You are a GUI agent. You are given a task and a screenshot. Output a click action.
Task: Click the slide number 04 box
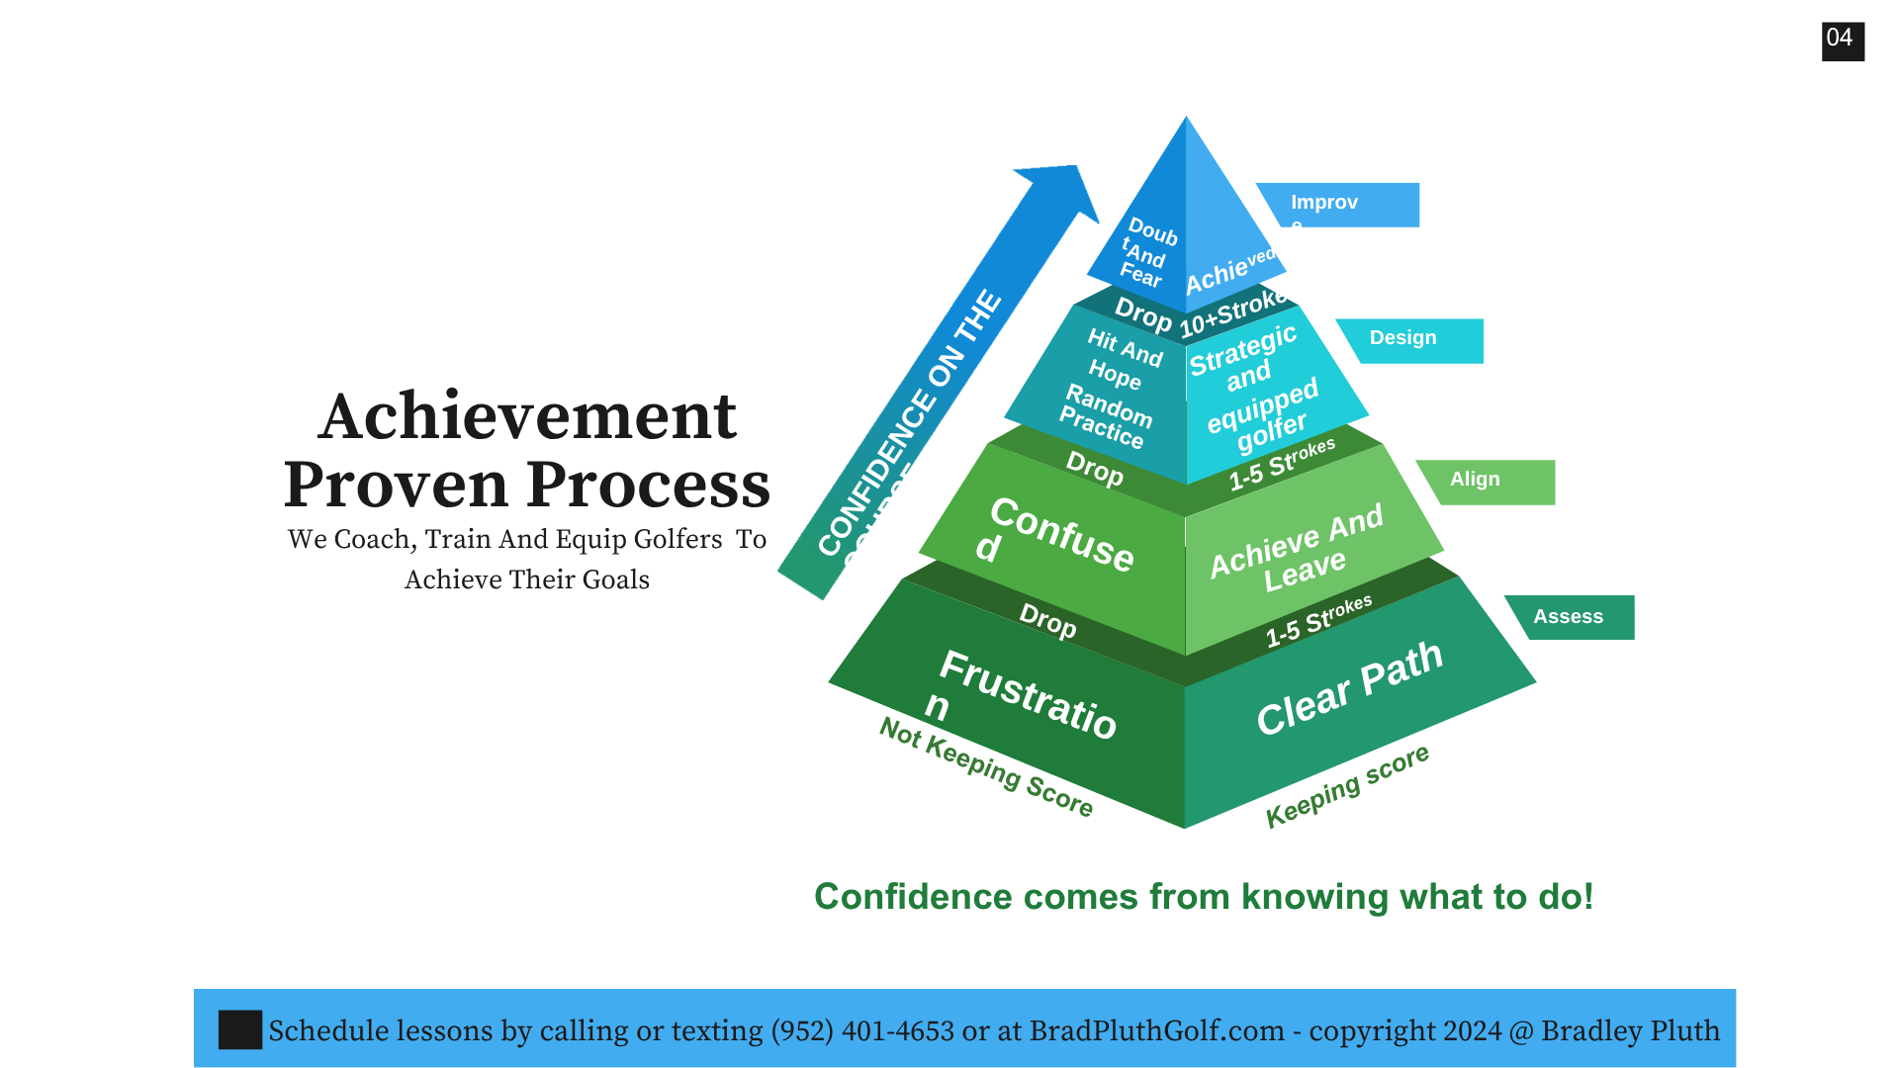pyautogui.click(x=1843, y=41)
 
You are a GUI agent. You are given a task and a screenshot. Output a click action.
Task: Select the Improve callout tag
pyautogui.click(x=1336, y=205)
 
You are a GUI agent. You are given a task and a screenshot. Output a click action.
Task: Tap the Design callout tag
pyautogui.click(x=1409, y=339)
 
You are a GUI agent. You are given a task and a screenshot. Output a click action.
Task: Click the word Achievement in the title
pyautogui.click(x=527, y=416)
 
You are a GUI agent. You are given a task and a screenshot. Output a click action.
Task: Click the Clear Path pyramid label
pyautogui.click(x=1349, y=688)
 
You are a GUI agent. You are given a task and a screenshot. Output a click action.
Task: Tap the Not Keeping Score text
pyautogui.click(x=986, y=766)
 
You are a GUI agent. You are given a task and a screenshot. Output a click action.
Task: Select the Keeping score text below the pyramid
pyautogui.click(x=1347, y=786)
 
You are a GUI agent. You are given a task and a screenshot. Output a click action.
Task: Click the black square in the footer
pyautogui.click(x=239, y=1029)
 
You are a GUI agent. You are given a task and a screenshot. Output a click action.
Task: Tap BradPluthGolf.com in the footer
pyautogui.click(x=1156, y=1030)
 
